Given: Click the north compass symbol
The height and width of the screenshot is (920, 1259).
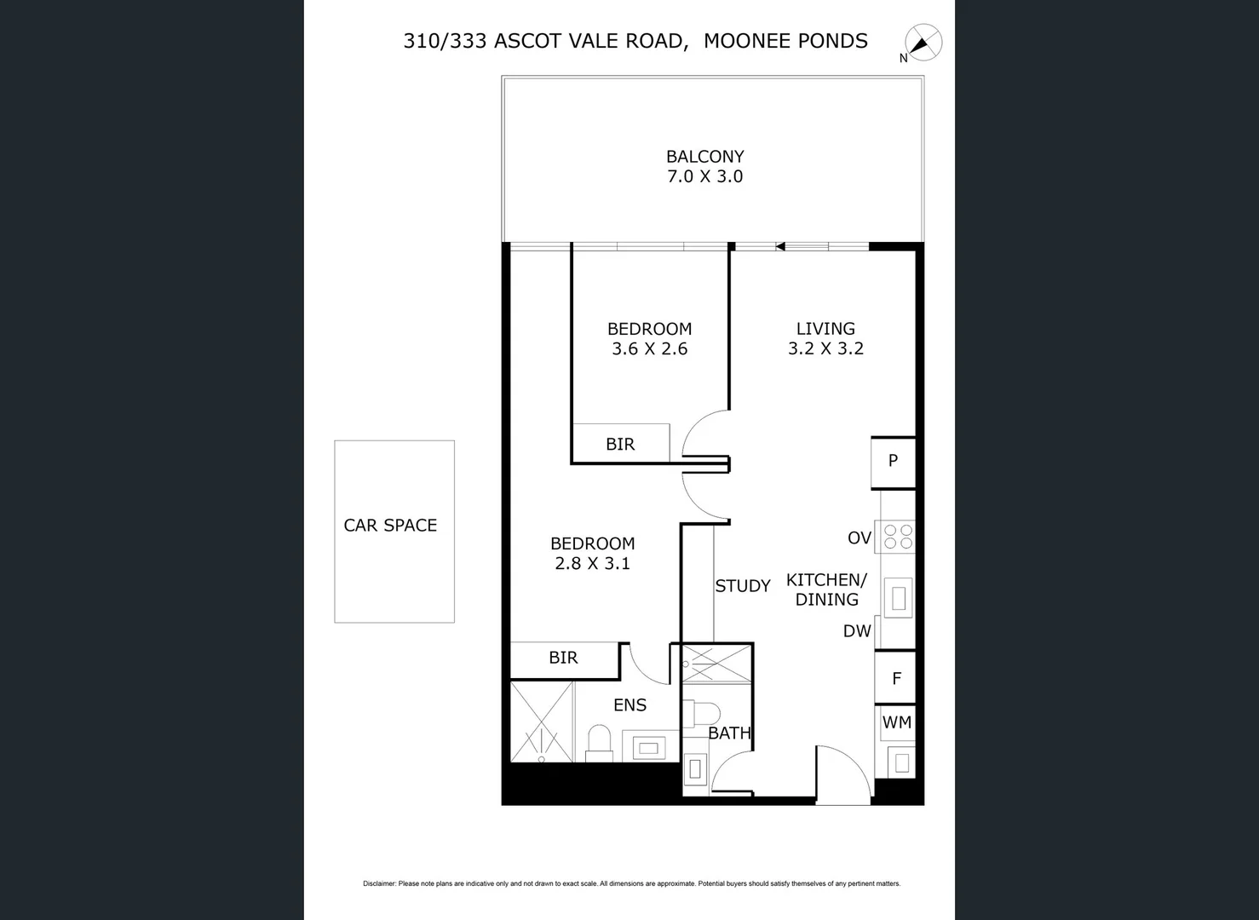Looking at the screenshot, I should click(923, 43).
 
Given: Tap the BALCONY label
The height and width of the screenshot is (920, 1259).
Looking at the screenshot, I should click(704, 157).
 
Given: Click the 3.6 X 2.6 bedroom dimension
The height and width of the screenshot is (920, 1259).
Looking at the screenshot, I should click(649, 348).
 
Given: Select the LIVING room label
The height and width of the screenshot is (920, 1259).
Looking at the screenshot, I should click(825, 328).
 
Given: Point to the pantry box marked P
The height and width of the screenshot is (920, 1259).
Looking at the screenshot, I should click(893, 461).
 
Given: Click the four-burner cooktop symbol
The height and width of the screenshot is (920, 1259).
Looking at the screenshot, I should click(898, 537).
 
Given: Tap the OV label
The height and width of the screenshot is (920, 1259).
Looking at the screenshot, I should click(859, 538).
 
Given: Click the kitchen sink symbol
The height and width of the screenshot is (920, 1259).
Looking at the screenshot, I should click(898, 598).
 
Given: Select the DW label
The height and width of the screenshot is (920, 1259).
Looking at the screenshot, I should click(857, 631).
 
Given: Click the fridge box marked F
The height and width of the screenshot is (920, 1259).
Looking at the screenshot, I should click(896, 679).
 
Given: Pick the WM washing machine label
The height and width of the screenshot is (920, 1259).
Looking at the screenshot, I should click(896, 722).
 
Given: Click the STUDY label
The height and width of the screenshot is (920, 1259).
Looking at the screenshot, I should click(742, 586).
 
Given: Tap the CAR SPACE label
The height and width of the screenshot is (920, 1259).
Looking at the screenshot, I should click(390, 526).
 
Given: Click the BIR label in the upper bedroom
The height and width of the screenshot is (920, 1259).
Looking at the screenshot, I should click(620, 444).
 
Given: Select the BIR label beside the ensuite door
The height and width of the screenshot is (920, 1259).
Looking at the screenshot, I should click(563, 658).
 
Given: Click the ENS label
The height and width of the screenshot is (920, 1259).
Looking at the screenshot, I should click(629, 705).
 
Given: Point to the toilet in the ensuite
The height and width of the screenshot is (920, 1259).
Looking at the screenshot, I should click(600, 741).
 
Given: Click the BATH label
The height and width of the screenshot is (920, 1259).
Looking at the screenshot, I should click(729, 733).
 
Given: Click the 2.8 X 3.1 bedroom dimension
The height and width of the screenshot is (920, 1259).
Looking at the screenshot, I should click(592, 563).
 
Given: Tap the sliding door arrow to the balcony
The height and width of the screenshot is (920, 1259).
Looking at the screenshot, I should click(779, 247).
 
